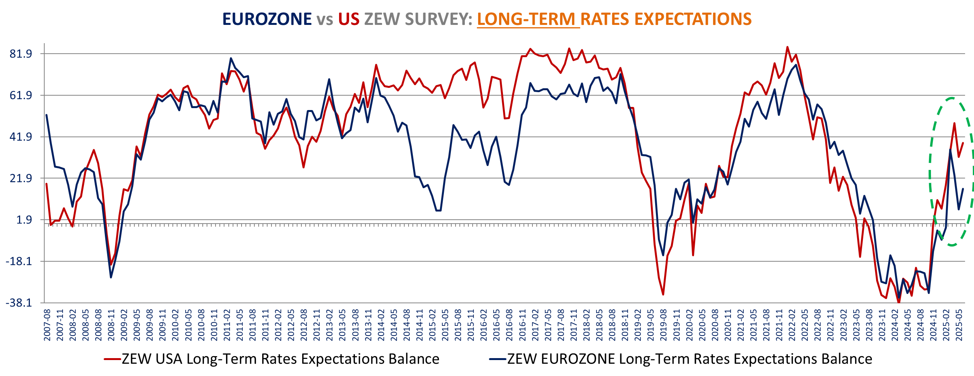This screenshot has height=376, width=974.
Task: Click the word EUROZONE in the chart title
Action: pyautogui.click(x=267, y=19)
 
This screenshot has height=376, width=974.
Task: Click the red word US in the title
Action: pyautogui.click(x=348, y=19)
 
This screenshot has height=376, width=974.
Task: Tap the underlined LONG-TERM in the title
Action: pyautogui.click(x=526, y=19)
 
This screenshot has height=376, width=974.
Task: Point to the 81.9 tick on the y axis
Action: pyautogui.click(x=21, y=54)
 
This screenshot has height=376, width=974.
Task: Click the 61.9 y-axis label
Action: pyautogui.click(x=21, y=95)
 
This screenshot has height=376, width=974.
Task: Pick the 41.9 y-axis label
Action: pyautogui.click(x=21, y=137)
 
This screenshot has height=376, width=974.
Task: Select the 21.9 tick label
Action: pyautogui.click(x=21, y=178)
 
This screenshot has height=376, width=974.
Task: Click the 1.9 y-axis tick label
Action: pyautogui.click(x=24, y=220)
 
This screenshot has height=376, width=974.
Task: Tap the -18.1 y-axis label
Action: pyautogui.click(x=19, y=261)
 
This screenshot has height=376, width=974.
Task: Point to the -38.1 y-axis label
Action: pyautogui.click(x=19, y=303)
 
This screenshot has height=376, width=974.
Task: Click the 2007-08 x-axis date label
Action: pyautogui.click(x=47, y=325)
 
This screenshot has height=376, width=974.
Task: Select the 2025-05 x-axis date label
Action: pyautogui.click(x=959, y=325)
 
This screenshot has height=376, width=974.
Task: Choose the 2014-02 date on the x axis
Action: pyautogui.click(x=381, y=325)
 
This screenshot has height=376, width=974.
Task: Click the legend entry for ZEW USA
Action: pyautogui.click(x=272, y=359)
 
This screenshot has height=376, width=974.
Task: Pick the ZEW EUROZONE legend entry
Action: pyautogui.click(x=681, y=359)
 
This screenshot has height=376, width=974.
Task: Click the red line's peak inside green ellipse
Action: pyautogui.click(x=954, y=123)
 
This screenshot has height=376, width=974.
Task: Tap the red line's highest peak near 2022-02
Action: pyautogui.click(x=787, y=47)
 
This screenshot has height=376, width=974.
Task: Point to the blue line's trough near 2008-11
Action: pyautogui.click(x=111, y=277)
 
